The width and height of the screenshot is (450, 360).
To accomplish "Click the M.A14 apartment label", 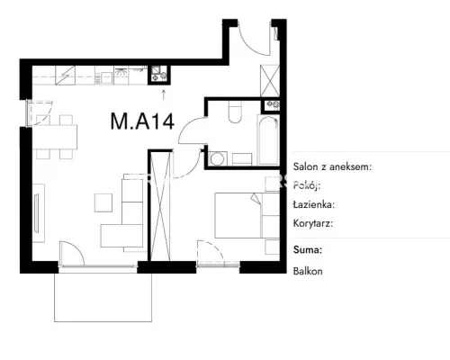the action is pos(142,121).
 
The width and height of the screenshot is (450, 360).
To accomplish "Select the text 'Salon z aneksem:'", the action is pos(332,166).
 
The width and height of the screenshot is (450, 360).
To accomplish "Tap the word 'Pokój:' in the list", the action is pos(307,185).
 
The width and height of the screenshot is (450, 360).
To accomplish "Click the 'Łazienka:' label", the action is pos(314,204).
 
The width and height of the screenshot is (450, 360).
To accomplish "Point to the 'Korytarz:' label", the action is pos(313,223).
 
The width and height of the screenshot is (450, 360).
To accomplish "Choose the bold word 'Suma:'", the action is pos(308,249).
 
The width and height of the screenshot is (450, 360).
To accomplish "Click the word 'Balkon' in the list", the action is pos(308,271).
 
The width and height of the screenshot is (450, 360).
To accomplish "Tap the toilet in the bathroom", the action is pos(235,112).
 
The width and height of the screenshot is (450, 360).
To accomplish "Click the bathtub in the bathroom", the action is pos(268,140).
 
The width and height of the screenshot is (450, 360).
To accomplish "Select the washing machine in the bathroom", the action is pos(218,158).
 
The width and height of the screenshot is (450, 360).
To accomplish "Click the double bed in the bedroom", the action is pos(247,215).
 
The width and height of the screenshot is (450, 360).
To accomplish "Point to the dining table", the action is pos(55,137).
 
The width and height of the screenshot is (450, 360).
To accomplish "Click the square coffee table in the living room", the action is pos(103,202).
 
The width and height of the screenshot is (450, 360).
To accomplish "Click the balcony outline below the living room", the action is pos(103,321).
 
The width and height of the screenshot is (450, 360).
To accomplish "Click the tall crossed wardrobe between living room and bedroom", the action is pos(161,206).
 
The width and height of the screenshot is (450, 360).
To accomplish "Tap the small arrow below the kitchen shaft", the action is pos(164,94).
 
